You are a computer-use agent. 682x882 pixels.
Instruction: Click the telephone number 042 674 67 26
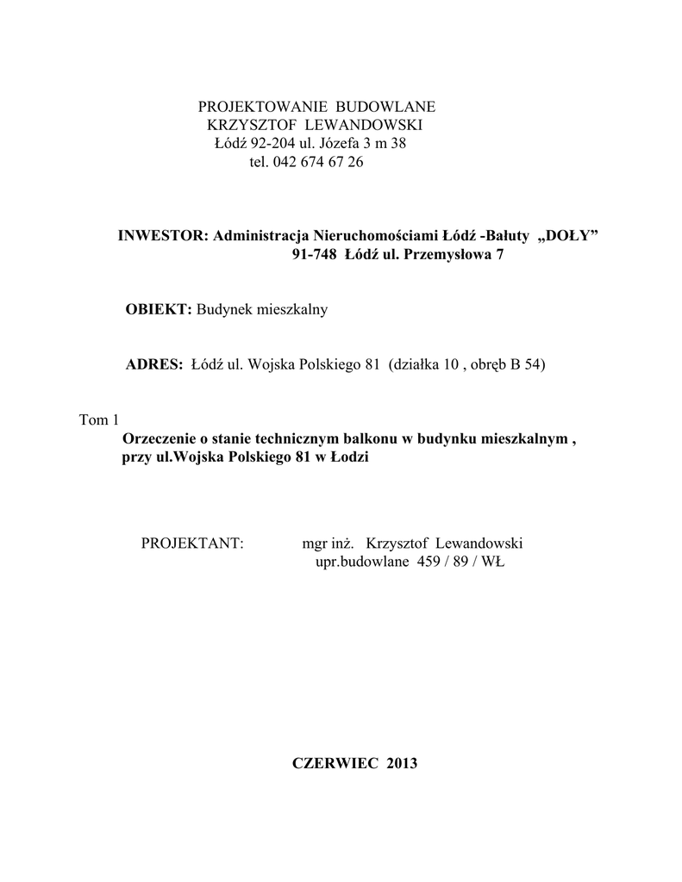tap(317, 162)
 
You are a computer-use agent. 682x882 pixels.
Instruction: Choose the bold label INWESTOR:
tap(164, 237)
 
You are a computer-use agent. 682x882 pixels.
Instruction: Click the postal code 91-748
tap(314, 256)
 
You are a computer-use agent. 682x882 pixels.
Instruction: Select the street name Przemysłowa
tap(447, 256)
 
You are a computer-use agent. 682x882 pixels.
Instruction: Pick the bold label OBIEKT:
tap(160, 310)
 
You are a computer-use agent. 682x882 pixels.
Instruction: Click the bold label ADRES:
tap(154, 364)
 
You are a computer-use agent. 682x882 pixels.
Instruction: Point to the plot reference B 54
tap(525, 364)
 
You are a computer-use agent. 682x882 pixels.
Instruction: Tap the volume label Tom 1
tap(98, 420)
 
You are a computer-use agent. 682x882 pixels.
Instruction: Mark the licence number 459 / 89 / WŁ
tap(460, 562)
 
